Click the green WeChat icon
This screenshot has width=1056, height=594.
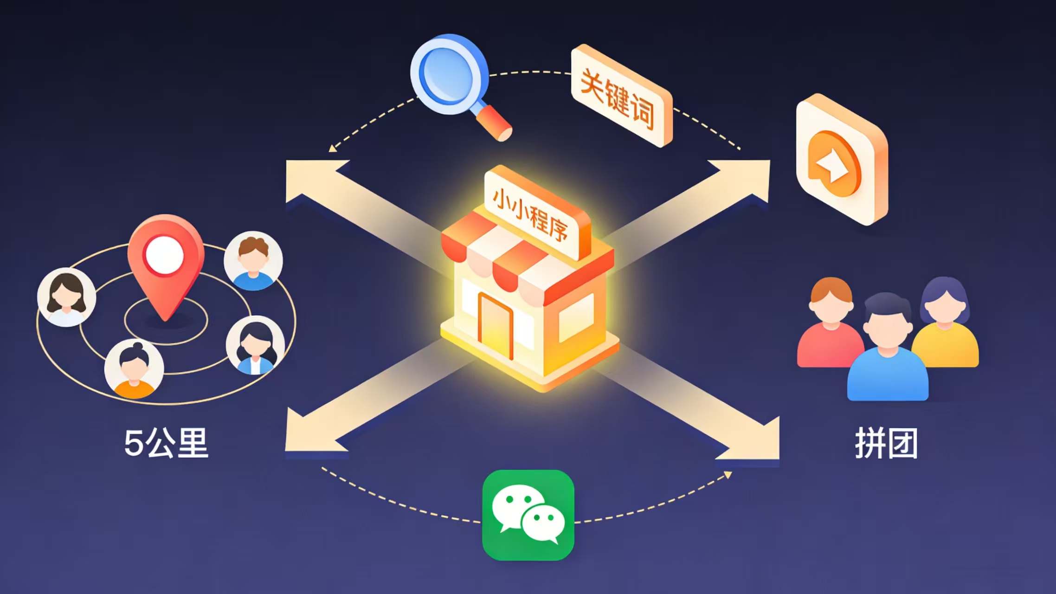point(528,515)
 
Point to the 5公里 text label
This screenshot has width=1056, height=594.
point(166,443)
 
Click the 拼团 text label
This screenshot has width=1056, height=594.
point(886,443)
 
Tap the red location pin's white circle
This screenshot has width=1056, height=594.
point(164,255)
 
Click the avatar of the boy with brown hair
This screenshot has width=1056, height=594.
point(253,261)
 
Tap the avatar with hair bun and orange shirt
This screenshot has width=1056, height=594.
point(134,369)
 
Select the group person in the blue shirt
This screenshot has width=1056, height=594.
point(887,353)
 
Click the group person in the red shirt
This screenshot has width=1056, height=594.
point(831,325)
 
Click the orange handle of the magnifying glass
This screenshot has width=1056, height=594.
point(495,123)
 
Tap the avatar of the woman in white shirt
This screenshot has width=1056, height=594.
point(67,297)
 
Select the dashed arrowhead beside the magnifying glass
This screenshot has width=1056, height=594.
point(332,148)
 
